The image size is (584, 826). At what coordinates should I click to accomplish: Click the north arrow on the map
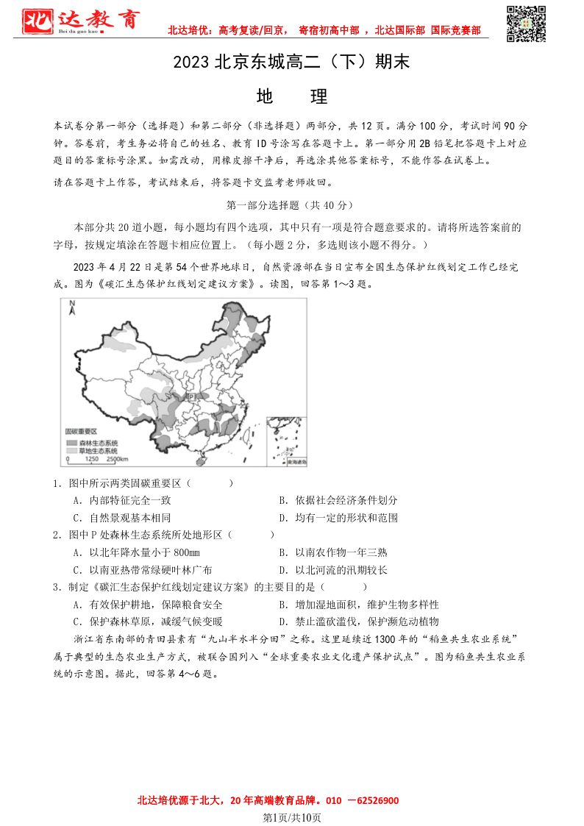point(72,308)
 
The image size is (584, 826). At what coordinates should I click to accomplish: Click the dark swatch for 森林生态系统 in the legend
point(71,443)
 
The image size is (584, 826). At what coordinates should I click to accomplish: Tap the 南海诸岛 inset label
point(296,463)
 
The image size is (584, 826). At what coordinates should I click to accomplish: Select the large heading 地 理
point(292,96)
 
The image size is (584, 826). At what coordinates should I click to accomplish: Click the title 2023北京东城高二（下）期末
point(291,63)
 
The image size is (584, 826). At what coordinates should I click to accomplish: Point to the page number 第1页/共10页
point(292,817)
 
